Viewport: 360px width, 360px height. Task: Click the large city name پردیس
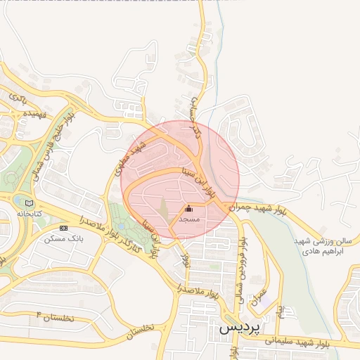(x=238, y=328)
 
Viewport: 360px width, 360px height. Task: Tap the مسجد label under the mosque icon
(x=189, y=220)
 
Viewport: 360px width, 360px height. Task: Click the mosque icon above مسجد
(x=188, y=209)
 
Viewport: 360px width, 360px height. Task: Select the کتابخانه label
(x=30, y=213)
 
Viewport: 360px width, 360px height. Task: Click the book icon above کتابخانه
(x=29, y=203)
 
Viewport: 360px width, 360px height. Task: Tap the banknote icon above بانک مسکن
(x=63, y=229)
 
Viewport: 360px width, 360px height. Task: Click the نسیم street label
(x=279, y=310)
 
